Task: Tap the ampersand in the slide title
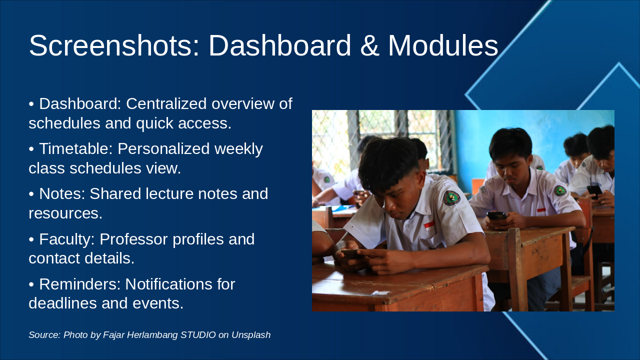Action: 369,45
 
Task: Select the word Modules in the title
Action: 443,45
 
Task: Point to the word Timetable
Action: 76,148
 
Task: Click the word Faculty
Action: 67,239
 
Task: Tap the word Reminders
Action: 80,284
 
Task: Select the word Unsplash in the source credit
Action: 251,335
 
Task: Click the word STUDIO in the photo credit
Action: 198,335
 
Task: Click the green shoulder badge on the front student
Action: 451,198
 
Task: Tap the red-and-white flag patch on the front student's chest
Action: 429,226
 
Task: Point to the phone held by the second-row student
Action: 497,215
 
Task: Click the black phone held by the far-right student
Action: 595,191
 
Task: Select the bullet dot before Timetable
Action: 31,149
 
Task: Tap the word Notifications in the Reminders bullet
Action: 168,284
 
